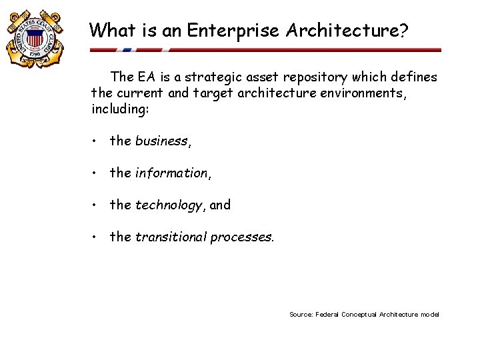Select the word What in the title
point(111,31)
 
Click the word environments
point(361,93)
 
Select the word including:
point(120,109)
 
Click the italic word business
point(162,141)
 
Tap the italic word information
point(172,173)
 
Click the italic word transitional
point(171,237)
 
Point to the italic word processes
point(241,237)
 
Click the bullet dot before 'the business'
point(97,141)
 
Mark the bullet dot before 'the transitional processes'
point(97,237)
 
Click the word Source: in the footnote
point(301,315)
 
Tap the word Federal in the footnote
point(327,315)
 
